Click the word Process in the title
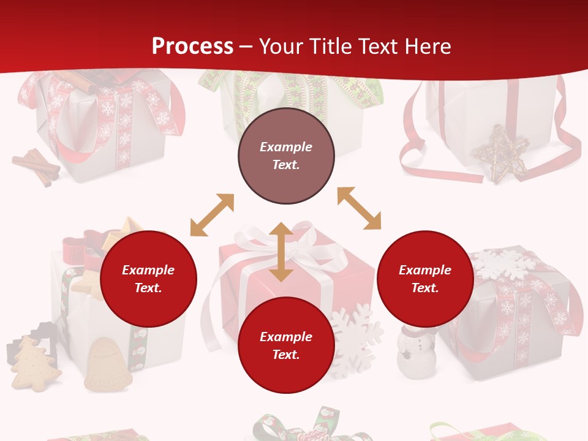point(192,47)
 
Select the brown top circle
point(286,156)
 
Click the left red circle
point(148,279)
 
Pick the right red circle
point(425,279)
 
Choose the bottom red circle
point(286,345)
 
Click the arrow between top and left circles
point(212,215)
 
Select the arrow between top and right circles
point(360,209)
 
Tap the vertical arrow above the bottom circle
point(281,252)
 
